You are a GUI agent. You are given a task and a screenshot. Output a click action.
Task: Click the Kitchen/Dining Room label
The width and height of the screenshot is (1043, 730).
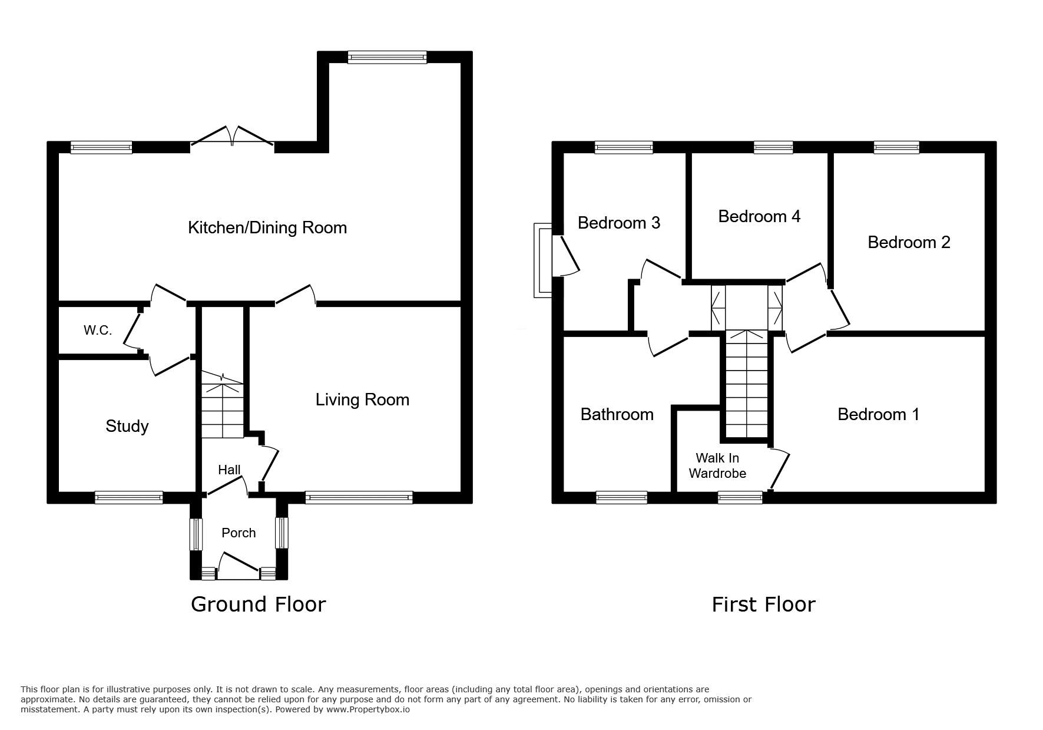click(267, 228)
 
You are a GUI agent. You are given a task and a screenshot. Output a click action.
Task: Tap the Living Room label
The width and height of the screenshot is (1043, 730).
click(362, 400)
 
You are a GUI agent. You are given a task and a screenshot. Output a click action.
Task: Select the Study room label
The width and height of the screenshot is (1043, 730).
click(127, 427)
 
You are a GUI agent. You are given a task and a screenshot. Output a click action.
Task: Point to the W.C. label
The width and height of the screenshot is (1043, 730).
click(98, 331)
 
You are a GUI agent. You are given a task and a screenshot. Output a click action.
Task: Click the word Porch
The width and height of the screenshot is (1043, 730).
click(239, 533)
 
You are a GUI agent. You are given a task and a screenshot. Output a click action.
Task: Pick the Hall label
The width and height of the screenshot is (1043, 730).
click(229, 470)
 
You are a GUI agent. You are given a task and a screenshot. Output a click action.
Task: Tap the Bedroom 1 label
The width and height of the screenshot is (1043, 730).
click(878, 414)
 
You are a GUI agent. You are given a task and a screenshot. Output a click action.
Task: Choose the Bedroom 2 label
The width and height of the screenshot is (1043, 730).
click(909, 242)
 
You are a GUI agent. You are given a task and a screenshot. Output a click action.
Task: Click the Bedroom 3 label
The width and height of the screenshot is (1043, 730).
click(619, 223)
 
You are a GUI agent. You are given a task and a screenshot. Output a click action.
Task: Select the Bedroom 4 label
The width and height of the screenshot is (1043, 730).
click(759, 216)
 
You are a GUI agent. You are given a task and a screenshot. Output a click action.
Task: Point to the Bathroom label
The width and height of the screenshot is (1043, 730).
click(617, 414)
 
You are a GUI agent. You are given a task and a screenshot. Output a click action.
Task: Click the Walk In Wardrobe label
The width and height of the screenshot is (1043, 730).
click(717, 465)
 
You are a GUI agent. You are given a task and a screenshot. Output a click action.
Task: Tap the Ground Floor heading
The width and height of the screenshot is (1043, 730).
click(258, 605)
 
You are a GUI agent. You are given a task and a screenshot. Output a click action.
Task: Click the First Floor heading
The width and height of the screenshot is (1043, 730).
click(763, 605)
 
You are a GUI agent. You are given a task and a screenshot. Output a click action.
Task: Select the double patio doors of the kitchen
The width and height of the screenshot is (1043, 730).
click(232, 135)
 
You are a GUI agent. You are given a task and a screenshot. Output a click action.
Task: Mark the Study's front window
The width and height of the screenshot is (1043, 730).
click(129, 498)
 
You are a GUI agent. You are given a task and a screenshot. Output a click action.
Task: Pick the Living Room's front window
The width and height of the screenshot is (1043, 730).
click(359, 498)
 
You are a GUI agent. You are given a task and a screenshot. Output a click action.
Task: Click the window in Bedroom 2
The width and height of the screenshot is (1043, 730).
click(896, 147)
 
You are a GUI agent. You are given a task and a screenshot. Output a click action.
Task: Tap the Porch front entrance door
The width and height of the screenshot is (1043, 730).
click(239, 564)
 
